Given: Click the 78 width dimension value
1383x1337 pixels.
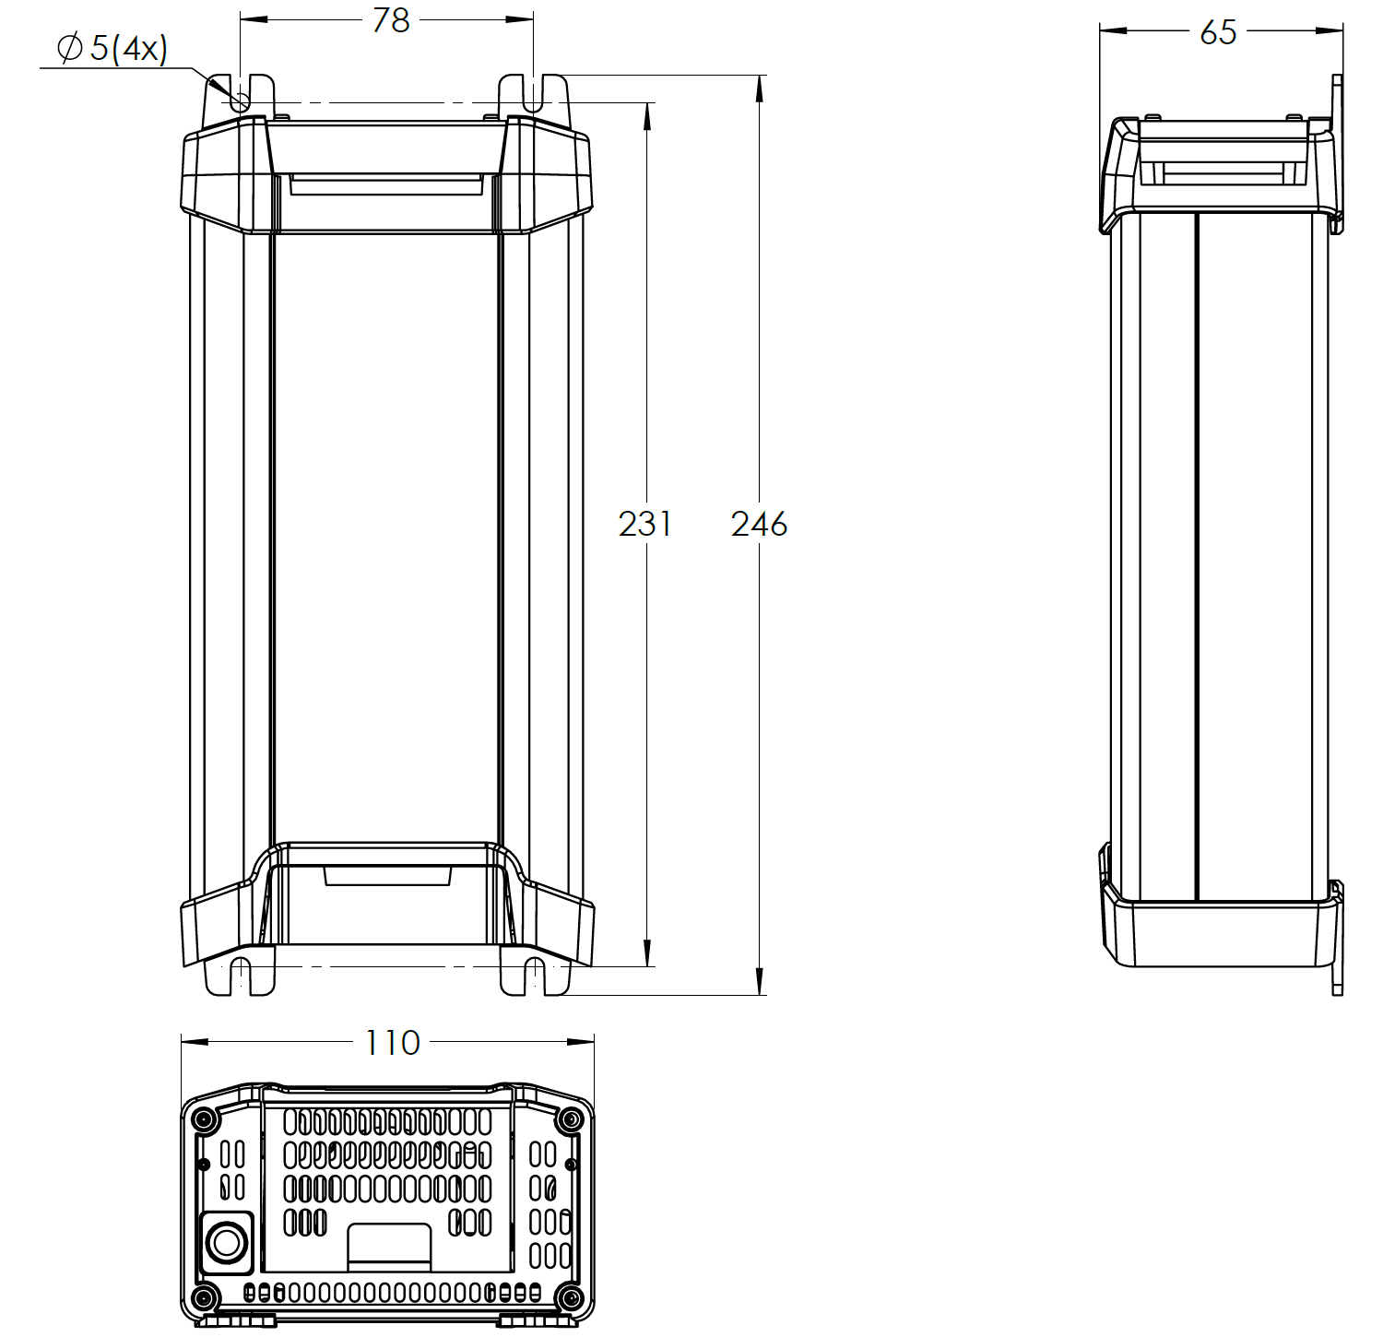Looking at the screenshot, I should point(391,20).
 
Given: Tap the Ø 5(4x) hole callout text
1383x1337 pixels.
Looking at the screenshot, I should point(112,48).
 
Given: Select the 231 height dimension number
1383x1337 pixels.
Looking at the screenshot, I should point(644,524).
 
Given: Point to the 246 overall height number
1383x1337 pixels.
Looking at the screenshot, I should point(759,524).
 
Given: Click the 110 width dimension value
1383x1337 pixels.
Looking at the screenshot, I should point(392,1043).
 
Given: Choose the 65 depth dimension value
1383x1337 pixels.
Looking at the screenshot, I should point(1218,32).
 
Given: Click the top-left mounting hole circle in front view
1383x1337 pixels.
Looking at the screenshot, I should point(240,101).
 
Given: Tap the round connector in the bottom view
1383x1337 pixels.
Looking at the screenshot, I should point(226,1242).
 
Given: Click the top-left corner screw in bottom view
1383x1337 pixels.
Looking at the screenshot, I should point(204,1120).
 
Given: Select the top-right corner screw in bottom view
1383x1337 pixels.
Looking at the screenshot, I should point(571,1120).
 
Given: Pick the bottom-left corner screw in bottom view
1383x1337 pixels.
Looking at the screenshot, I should point(204,1298).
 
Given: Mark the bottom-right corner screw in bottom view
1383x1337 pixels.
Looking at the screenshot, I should point(571,1298).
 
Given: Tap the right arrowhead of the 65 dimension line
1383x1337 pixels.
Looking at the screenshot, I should point(1331,30).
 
